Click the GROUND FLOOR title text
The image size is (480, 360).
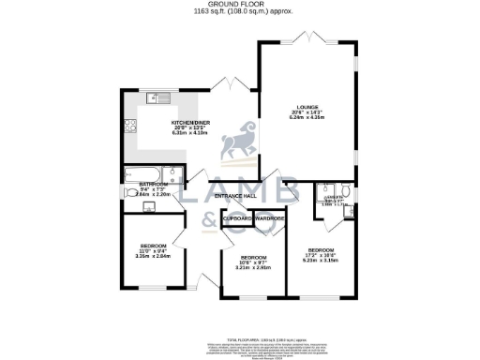[x=239, y=5]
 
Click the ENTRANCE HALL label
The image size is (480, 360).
[x=234, y=196]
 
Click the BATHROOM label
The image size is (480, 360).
[x=154, y=184]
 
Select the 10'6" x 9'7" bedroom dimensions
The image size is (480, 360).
[x=254, y=262]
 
